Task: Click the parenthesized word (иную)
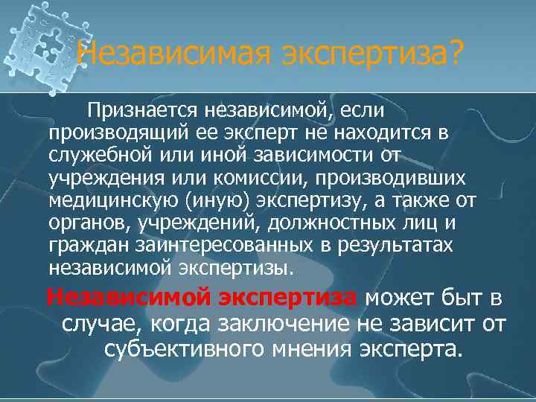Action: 217,200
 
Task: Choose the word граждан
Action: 81,245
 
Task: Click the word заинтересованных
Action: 209,245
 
